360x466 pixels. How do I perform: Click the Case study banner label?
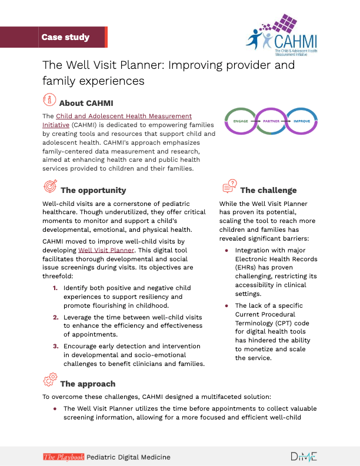(65, 37)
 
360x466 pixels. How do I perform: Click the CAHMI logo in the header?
(282, 35)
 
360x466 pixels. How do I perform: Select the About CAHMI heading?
(86, 103)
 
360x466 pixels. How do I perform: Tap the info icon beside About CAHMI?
(49, 99)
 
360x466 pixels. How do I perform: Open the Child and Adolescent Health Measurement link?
(117, 121)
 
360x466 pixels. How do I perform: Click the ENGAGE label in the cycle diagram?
(241, 121)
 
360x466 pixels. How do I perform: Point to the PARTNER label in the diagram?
(271, 121)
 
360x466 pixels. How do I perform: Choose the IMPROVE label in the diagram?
(302, 121)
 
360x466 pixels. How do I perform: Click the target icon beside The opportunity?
(50, 186)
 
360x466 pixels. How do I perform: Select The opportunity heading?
(94, 190)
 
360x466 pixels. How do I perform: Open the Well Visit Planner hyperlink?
(106, 250)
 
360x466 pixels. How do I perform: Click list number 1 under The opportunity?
(55, 288)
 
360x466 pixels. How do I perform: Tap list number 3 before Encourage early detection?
(55, 346)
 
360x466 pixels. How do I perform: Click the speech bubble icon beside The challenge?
(229, 186)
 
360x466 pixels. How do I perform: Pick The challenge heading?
(268, 190)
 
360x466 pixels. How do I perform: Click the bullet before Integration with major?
(226, 251)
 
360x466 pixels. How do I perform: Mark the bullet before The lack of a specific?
(226, 306)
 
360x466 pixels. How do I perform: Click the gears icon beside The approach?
(50, 380)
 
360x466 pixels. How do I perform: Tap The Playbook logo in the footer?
(64, 457)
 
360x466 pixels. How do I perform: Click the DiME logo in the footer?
(304, 457)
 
